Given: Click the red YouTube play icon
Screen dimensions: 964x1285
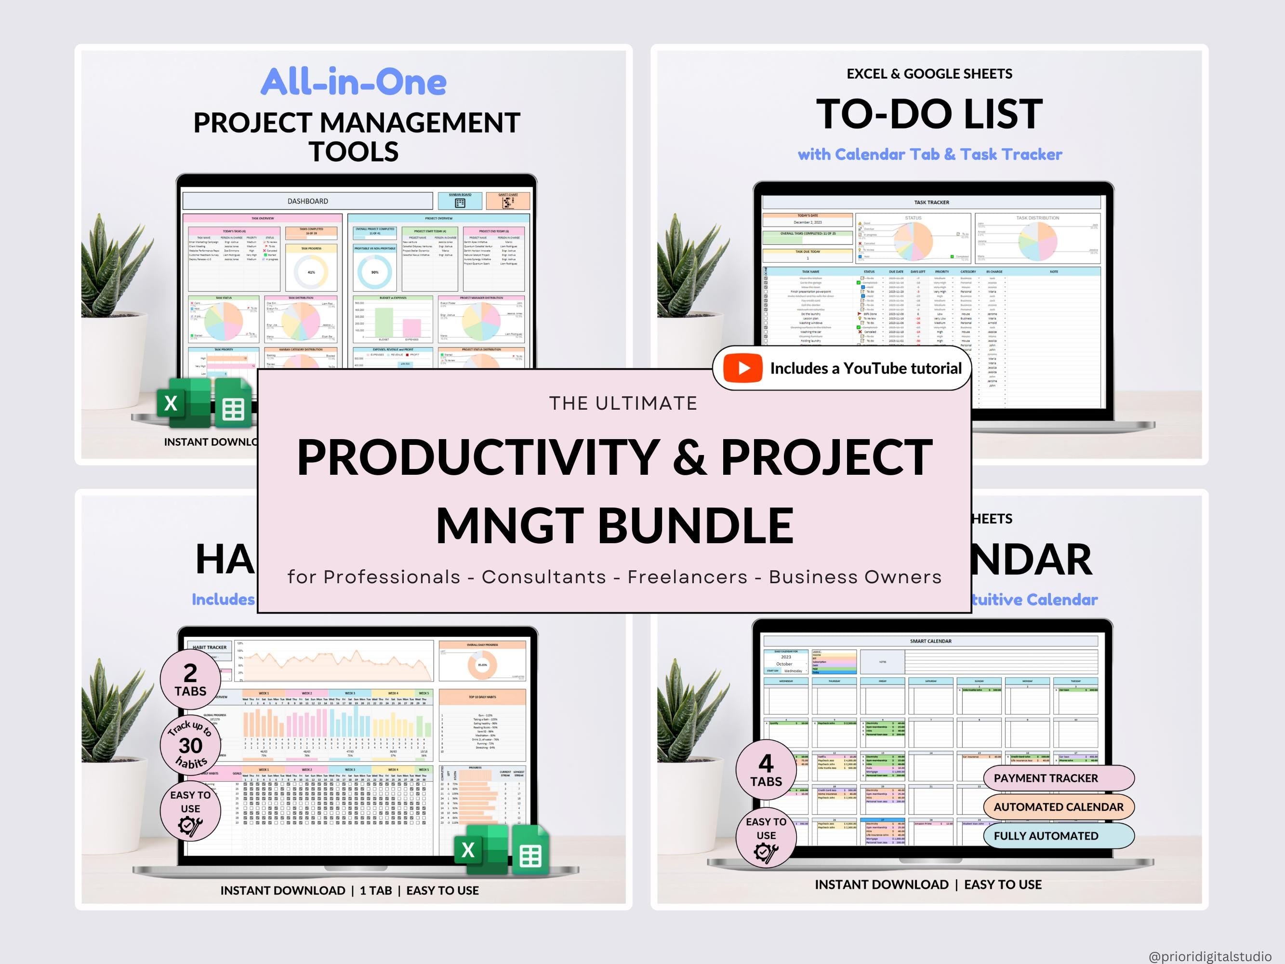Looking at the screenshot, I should pyautogui.click(x=742, y=368).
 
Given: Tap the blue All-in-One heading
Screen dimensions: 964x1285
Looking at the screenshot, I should pyautogui.click(x=353, y=82).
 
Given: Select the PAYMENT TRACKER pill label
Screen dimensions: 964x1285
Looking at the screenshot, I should pyautogui.click(x=1046, y=778).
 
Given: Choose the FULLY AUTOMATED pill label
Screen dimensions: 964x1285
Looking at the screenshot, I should pyautogui.click(x=1046, y=836).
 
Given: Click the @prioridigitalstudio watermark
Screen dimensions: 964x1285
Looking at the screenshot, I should pyautogui.click(x=1210, y=956).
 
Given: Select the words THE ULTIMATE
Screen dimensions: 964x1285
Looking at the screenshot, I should pyautogui.click(x=623, y=403).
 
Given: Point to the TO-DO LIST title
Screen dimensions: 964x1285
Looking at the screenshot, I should pyautogui.click(x=929, y=114).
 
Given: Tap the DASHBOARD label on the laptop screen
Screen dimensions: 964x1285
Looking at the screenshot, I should pyautogui.click(x=308, y=201).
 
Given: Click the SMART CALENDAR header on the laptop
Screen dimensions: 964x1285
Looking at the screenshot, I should pyautogui.click(x=931, y=641).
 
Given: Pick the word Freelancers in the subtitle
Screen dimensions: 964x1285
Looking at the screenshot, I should pyautogui.click(x=687, y=577).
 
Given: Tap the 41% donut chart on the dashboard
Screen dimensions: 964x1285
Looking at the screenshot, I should pyautogui.click(x=311, y=272).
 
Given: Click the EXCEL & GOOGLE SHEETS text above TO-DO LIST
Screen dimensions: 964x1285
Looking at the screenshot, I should pyautogui.click(x=929, y=74).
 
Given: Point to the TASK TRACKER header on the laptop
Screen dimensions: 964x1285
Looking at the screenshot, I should pyautogui.click(x=931, y=202).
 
